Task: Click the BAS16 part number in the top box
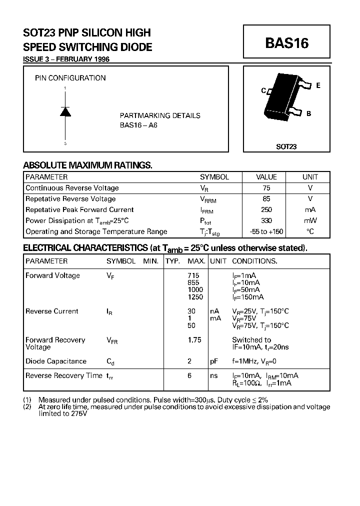[x=286, y=43]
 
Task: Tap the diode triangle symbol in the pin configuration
[x=65, y=112]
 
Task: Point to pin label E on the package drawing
[x=318, y=85]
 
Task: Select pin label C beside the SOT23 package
[x=263, y=91]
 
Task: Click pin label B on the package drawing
[x=308, y=113]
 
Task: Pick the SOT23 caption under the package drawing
[x=286, y=147]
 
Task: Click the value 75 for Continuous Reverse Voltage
[x=266, y=188]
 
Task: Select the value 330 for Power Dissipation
[x=266, y=220]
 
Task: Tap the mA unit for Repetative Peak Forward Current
[x=310, y=209]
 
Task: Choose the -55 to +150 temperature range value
[x=266, y=231]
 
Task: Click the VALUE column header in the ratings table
[x=266, y=177]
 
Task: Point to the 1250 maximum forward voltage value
[x=195, y=297]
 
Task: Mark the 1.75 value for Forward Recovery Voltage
[x=194, y=340]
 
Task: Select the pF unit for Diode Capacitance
[x=214, y=361]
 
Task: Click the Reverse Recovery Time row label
[x=63, y=375]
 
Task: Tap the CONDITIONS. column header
[x=254, y=261]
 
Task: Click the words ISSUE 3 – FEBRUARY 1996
[x=66, y=59]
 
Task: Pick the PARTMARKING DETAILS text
[x=160, y=115]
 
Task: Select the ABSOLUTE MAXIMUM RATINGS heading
[x=87, y=165]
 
